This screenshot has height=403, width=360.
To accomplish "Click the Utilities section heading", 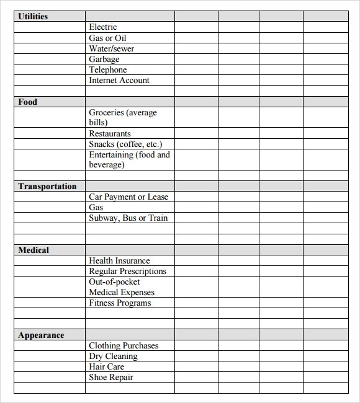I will pos(33,16).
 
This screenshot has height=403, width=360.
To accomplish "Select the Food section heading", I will pos(27,102).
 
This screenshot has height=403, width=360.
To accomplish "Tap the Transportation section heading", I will pos(47,186).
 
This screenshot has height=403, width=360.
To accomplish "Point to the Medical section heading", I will pos(34,250).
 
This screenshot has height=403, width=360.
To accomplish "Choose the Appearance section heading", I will pos(41,335).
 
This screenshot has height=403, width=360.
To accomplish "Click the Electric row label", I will pos(103,27).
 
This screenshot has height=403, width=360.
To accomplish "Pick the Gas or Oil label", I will pos(108,38).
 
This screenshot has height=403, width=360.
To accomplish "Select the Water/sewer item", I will pos(112,48).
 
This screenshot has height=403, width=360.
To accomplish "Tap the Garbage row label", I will pos(104,59).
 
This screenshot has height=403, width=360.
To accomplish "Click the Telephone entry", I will pos(108,69).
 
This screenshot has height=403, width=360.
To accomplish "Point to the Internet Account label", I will pos(119,80).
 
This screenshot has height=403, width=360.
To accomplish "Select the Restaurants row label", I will pos(110,133).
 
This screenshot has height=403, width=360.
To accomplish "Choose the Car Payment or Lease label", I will pos(128,197).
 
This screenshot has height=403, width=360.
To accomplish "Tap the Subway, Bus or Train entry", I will pos(128,218).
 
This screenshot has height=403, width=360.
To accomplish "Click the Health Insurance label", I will pos(119,260).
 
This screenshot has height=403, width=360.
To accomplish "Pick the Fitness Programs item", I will pos(120,303).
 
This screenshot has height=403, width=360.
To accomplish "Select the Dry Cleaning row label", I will pos(114,356).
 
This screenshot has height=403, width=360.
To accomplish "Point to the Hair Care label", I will pos(107,366).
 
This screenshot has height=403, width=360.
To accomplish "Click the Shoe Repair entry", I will pos(111,377).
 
